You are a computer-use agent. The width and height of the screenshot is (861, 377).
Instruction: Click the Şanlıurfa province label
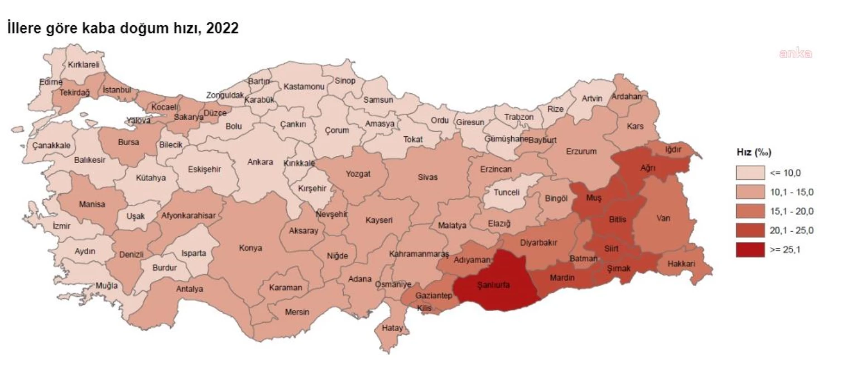[493, 284]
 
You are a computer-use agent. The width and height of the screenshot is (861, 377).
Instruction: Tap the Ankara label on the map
[261, 162]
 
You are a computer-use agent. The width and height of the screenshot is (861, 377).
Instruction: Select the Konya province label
[251, 248]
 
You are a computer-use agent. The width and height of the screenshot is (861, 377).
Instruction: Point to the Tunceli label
[506, 192]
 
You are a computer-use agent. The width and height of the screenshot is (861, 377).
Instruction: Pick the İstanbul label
[117, 89]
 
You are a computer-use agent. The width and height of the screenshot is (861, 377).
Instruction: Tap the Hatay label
[392, 328]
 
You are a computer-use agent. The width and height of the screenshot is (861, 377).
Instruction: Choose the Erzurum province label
[581, 151]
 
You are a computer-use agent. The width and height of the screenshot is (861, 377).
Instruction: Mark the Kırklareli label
[83, 65]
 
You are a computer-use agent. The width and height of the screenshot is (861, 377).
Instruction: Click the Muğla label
[107, 285]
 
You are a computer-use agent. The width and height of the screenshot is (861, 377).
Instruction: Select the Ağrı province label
[647, 167]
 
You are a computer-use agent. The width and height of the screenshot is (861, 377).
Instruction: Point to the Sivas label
[428, 177]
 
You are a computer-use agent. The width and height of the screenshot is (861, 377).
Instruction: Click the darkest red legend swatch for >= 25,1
[750, 250]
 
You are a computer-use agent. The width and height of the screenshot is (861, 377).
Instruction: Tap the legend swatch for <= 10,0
[750, 173]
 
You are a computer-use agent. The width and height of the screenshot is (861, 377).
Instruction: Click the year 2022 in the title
[222, 28]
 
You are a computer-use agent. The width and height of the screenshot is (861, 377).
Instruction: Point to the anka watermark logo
[795, 54]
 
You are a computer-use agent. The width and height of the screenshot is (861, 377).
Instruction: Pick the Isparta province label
[194, 253]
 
